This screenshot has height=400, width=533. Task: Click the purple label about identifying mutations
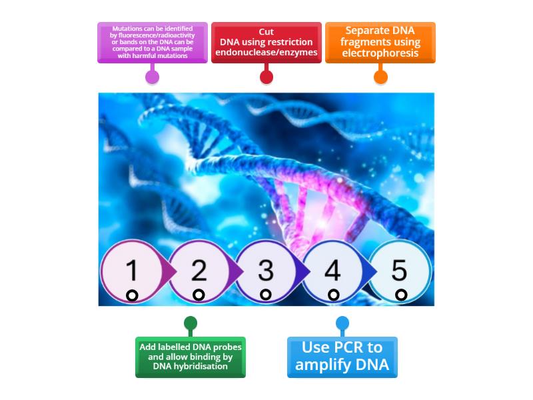click(x=153, y=43)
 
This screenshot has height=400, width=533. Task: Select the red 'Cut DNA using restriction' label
click(x=266, y=42)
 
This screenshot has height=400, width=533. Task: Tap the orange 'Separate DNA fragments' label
click(x=380, y=42)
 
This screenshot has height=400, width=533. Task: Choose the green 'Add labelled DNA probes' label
click(x=191, y=357)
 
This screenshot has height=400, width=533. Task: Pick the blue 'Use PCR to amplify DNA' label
click(x=342, y=357)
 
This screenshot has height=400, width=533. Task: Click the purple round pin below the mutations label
click(x=153, y=77)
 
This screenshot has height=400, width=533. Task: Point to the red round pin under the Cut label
click(x=266, y=77)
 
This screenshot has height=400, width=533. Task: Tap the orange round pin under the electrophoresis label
click(x=380, y=77)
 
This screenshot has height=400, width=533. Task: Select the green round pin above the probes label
click(x=191, y=324)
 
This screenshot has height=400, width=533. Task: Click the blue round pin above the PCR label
click(x=342, y=324)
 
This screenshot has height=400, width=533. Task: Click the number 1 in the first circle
click(x=132, y=271)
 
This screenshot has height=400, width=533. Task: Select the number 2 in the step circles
click(x=199, y=271)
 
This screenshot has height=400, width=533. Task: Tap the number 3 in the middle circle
click(x=266, y=271)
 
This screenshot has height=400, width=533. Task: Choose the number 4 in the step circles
click(x=332, y=271)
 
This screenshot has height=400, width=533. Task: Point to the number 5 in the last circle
click(x=399, y=271)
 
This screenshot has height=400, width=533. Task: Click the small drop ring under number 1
click(x=132, y=295)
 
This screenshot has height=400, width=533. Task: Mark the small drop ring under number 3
click(x=266, y=295)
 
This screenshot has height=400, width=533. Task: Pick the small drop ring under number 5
click(x=400, y=295)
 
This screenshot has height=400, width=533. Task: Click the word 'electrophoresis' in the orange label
click(x=380, y=53)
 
